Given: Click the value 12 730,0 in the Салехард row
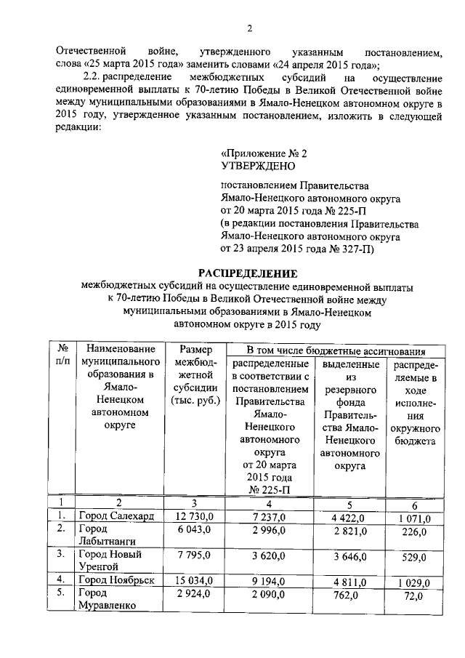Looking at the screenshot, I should (193, 517).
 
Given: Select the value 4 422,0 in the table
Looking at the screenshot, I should (350, 518).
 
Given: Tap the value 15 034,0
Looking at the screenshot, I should (193, 580).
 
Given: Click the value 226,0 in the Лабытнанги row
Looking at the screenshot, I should (413, 531).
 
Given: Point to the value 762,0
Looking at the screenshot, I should (350, 594).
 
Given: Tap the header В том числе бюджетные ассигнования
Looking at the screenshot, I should (333, 350).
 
